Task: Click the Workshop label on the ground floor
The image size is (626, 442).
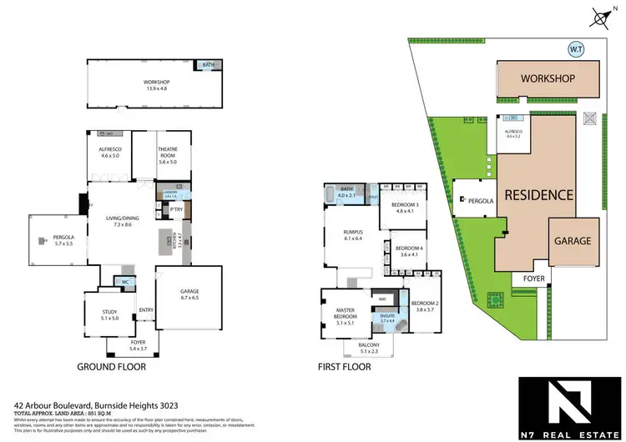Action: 156,82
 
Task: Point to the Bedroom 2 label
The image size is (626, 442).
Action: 424,305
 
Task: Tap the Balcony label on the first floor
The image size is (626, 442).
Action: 369,348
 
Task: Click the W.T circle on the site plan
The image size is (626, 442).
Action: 575,48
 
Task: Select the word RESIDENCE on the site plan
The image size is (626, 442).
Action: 538,195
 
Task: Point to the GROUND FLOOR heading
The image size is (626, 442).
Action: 112,366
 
